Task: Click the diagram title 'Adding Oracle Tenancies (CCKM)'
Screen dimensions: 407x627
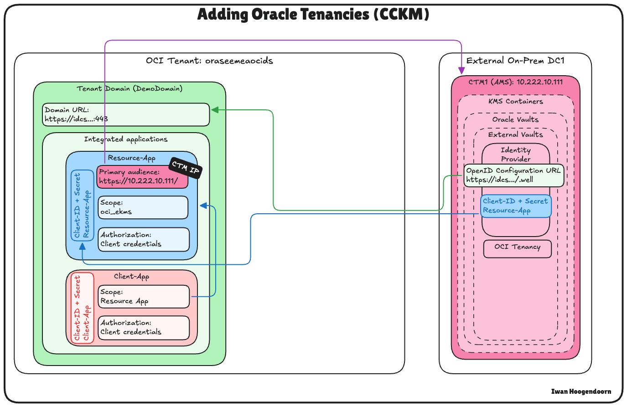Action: pyautogui.click(x=313, y=15)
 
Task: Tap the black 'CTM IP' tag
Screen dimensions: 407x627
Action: pyautogui.click(x=186, y=168)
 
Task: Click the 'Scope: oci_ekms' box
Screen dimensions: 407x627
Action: pyautogui.click(x=143, y=207)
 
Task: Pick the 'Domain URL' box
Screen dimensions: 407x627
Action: pyautogui.click(x=126, y=115)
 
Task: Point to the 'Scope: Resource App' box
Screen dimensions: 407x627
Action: pyautogui.click(x=144, y=297)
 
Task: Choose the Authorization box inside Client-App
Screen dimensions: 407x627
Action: pyautogui.click(x=144, y=328)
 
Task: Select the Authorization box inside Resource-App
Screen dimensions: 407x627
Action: pyautogui.click(x=144, y=240)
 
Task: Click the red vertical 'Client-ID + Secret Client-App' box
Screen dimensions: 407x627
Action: pyautogui.click(x=83, y=308)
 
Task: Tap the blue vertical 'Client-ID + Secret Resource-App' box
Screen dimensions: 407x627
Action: pyautogui.click(x=82, y=205)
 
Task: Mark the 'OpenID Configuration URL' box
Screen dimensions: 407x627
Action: pyautogui.click(x=514, y=175)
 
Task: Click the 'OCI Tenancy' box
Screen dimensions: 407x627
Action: pyautogui.click(x=517, y=249)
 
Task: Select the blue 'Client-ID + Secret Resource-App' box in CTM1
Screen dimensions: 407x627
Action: pyautogui.click(x=516, y=206)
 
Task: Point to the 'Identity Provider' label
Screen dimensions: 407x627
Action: pyautogui.click(x=516, y=155)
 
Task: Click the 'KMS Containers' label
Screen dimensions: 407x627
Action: pyautogui.click(x=516, y=102)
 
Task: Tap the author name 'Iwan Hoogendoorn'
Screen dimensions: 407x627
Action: pyautogui.click(x=581, y=392)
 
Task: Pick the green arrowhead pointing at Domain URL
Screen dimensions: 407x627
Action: pyautogui.click(x=214, y=110)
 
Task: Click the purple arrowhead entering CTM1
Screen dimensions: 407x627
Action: pyautogui.click(x=461, y=71)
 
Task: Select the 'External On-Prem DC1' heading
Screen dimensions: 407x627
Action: pyautogui.click(x=515, y=61)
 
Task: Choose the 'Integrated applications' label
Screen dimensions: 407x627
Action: pyautogui.click(x=126, y=139)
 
